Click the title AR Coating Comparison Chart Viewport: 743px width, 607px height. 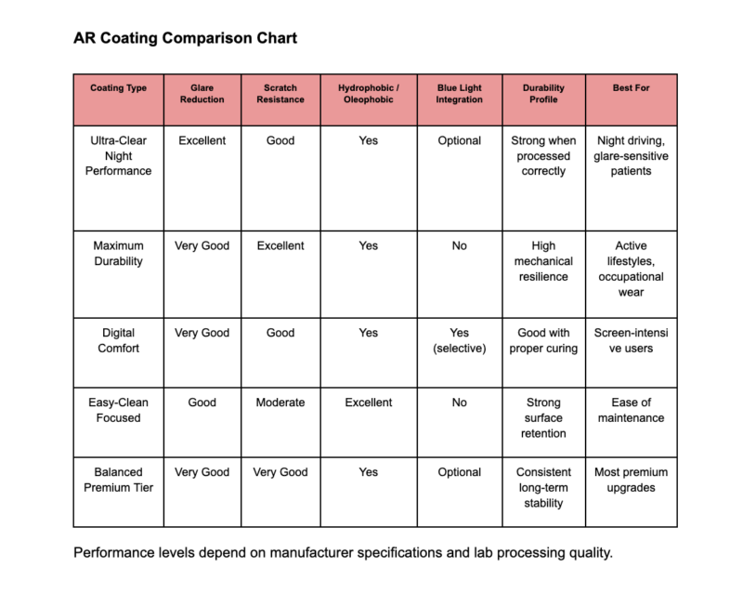click(x=186, y=40)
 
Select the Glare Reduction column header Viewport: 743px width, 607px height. click(x=202, y=94)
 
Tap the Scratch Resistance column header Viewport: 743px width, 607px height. click(x=280, y=94)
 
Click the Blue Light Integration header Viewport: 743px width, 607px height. click(x=459, y=94)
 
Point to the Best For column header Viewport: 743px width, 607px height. click(x=631, y=88)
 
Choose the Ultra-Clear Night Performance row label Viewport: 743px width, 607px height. click(x=119, y=156)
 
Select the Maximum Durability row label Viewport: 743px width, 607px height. click(x=119, y=254)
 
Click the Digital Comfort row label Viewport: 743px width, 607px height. click(x=119, y=340)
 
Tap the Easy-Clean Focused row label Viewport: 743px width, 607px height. click(x=119, y=410)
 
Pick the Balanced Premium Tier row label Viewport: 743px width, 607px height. click(x=119, y=480)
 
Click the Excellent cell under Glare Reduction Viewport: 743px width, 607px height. click(x=202, y=141)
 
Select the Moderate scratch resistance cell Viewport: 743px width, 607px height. click(x=280, y=402)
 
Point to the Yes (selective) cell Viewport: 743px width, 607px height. click(x=459, y=340)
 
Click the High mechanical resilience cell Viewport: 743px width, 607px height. click(x=543, y=261)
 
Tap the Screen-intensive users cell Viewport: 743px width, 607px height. click(x=631, y=340)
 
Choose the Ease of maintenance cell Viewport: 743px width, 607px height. click(x=631, y=410)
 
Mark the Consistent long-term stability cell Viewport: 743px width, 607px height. click(x=543, y=488)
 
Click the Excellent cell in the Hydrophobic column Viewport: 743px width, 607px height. click(x=368, y=402)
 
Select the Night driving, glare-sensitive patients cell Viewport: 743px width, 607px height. click(x=631, y=156)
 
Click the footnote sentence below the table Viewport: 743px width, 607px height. click(x=343, y=553)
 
